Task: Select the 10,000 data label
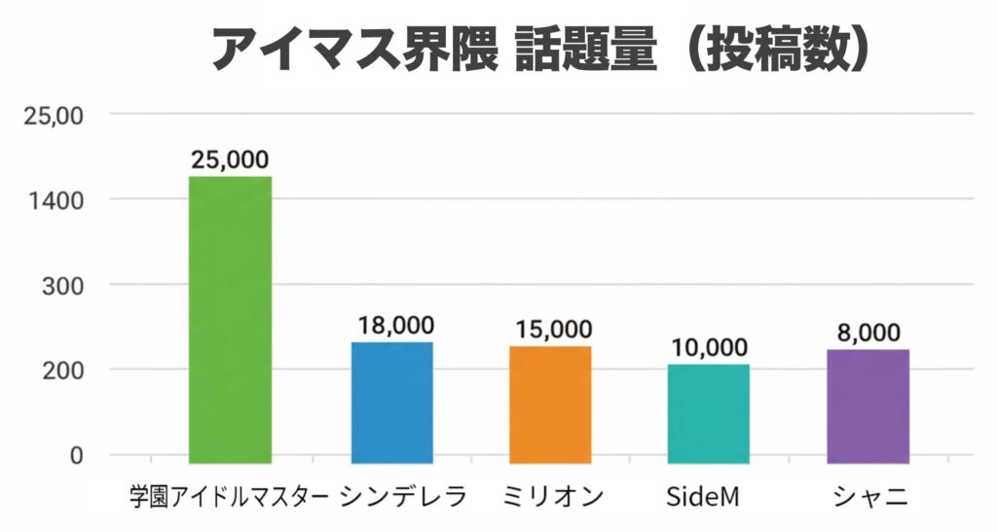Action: click(709, 348)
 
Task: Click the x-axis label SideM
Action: click(702, 496)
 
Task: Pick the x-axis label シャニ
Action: click(870, 497)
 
